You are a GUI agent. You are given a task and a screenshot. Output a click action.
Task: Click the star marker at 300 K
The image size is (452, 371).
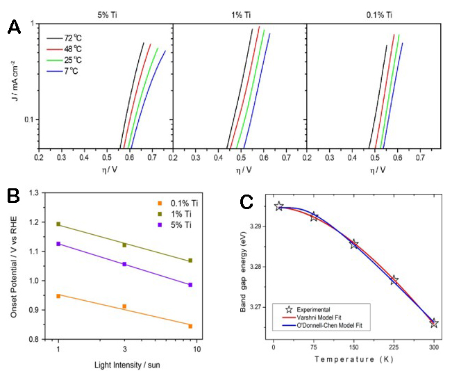pos(434,323)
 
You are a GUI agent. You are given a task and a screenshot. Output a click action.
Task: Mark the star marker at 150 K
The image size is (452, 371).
pos(354,244)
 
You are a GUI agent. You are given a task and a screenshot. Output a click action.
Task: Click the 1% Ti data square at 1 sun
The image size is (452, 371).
pos(58,224)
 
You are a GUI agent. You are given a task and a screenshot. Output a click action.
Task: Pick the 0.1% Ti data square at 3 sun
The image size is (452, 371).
pos(124,306)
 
